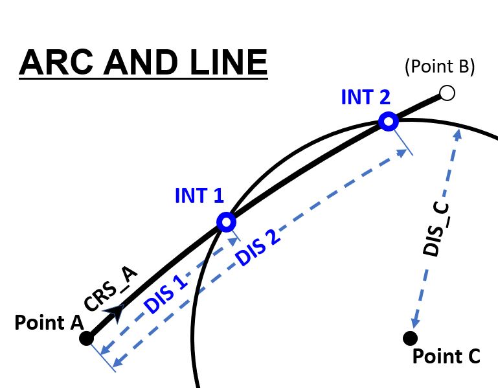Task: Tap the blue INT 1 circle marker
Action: (x=226, y=222)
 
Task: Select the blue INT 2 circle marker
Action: (x=388, y=121)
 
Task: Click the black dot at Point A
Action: (x=86, y=338)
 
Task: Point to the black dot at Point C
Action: (x=409, y=337)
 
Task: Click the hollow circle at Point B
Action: (x=447, y=93)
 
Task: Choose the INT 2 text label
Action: (x=365, y=97)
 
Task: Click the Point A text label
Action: (x=43, y=322)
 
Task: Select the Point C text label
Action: (x=446, y=356)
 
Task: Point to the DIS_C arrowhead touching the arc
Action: (x=458, y=133)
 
